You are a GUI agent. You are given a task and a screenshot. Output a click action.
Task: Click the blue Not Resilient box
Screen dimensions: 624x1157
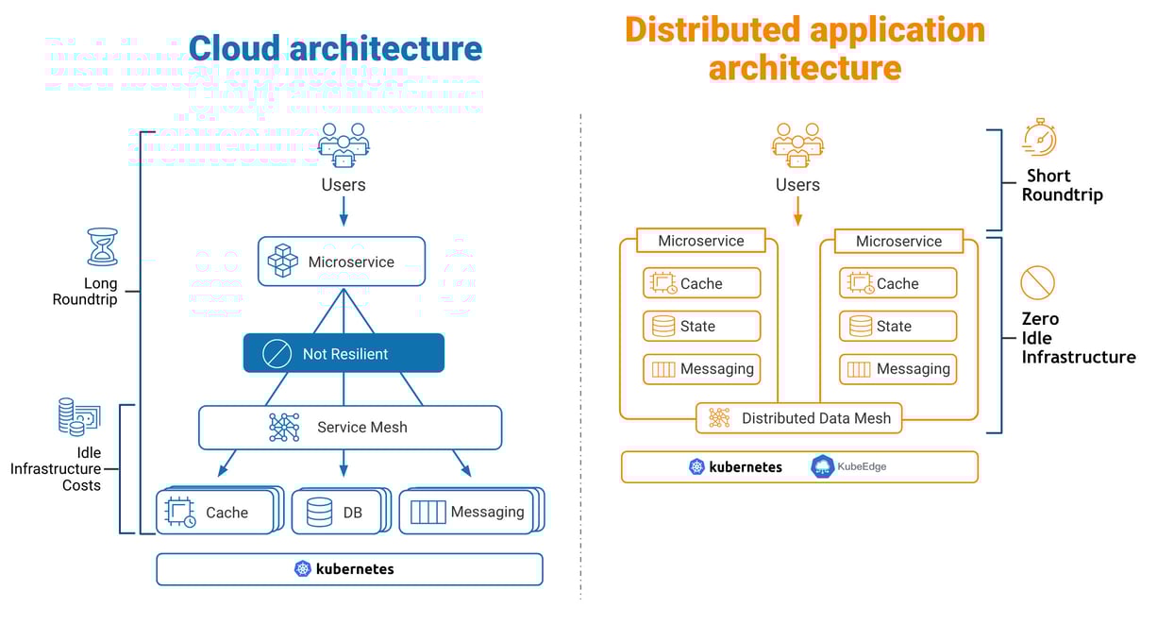344,354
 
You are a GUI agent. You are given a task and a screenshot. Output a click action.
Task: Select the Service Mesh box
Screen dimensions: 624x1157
349,428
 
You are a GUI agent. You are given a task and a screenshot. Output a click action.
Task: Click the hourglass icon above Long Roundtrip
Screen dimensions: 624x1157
102,247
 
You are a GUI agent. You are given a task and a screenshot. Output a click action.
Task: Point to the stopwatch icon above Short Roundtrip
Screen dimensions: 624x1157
1039,138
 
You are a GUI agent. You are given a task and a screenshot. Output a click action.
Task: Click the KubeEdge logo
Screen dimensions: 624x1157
849,466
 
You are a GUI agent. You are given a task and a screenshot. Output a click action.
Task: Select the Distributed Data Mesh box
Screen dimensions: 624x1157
798,418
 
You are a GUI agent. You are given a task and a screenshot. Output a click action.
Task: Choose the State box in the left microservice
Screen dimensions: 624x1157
701,326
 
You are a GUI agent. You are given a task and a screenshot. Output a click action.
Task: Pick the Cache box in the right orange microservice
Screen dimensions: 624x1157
897,283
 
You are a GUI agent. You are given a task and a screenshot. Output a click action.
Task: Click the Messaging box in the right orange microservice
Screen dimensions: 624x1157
897,369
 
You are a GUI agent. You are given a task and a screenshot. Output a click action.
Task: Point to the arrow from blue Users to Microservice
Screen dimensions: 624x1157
344,211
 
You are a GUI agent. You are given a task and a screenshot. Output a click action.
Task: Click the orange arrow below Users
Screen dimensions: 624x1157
797,211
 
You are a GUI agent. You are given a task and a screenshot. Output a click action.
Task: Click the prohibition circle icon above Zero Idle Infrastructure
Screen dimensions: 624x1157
1037,282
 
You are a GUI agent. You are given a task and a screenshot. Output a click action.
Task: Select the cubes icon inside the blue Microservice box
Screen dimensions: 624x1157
282,261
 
